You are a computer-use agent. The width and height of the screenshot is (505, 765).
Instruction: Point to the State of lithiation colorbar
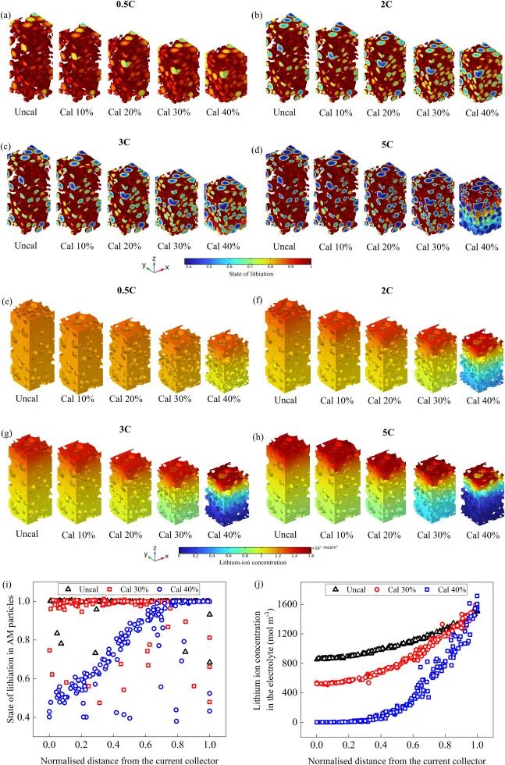[x=247, y=263]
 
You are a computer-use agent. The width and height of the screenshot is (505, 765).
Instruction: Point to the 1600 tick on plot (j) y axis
[x=300, y=603]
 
